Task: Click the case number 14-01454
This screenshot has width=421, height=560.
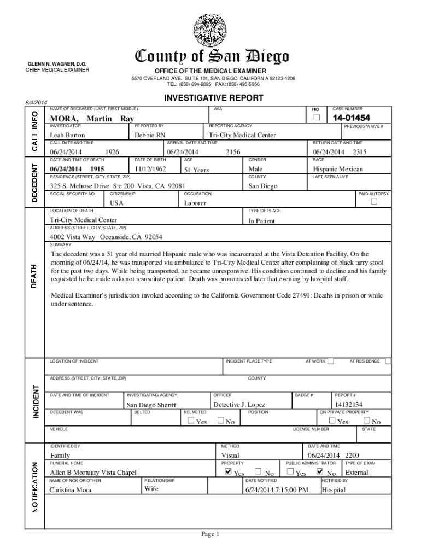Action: [351, 118]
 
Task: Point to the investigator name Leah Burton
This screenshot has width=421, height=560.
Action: [68, 135]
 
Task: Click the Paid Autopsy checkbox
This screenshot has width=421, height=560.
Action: [374, 202]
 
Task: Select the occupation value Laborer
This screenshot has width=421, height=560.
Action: [195, 203]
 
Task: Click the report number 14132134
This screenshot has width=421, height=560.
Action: [349, 405]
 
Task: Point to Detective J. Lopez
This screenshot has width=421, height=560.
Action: [238, 405]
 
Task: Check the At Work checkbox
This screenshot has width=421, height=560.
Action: [330, 361]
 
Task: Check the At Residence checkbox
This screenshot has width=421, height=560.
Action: [388, 361]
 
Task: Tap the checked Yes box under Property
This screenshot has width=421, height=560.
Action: [227, 471]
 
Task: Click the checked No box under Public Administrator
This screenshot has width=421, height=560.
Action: [320, 471]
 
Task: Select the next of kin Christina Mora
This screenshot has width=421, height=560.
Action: [71, 489]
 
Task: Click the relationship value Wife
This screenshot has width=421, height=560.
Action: [151, 489]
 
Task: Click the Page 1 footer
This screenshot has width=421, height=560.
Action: [209, 534]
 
